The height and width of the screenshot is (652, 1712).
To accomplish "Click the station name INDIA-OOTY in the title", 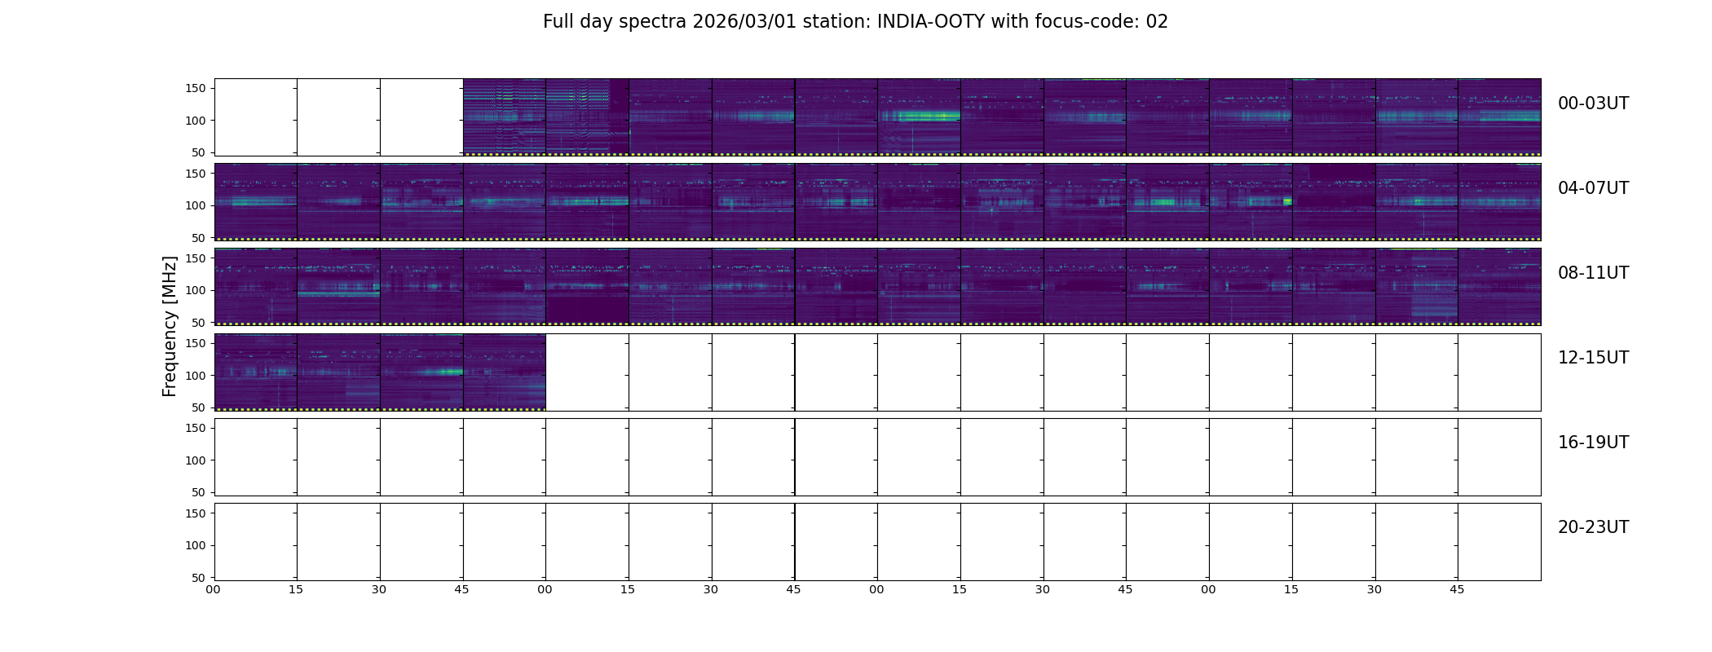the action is tap(931, 22).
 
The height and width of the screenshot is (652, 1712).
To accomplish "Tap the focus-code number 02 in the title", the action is tap(1157, 22).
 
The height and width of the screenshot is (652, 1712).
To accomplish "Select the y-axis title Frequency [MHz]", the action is tap(170, 326).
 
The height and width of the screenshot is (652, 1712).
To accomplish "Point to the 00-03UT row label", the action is tap(1593, 104).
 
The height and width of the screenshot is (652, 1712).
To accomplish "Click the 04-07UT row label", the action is tap(1593, 188).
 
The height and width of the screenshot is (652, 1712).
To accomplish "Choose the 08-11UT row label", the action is tap(1593, 273).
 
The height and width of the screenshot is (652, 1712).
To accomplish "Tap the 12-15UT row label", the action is tap(1593, 358).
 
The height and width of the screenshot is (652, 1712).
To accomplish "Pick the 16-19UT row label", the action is tap(1593, 443).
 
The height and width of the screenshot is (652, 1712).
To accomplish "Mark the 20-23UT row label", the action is tap(1593, 527).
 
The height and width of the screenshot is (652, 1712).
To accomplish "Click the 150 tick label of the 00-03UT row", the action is tap(196, 88).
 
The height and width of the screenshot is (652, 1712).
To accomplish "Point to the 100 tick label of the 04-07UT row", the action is tap(196, 205).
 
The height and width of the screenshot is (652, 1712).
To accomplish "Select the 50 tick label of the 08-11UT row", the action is tap(199, 323).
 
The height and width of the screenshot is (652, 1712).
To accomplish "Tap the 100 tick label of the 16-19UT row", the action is tap(196, 460).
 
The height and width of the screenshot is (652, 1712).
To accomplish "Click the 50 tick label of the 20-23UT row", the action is tap(199, 578).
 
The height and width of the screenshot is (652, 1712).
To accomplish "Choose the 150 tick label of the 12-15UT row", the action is tap(196, 343).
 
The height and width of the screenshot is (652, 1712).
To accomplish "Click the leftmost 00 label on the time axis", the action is tap(213, 589).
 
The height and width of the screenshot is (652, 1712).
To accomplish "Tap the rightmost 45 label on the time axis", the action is tap(1457, 589).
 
